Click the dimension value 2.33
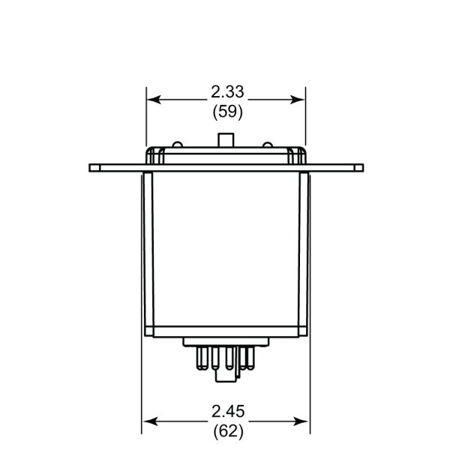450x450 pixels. coord(227,91)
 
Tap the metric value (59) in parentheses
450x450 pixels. coord(228,112)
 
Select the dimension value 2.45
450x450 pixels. coord(228,411)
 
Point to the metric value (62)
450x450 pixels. coord(229,431)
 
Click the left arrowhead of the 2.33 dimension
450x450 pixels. coord(154,100)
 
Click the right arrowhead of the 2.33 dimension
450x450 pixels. coord(298,100)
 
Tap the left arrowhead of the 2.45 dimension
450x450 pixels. coord(150,421)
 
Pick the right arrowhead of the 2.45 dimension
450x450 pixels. coord(301,421)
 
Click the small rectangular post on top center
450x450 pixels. coord(226,140)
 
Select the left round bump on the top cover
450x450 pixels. coord(177,145)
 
